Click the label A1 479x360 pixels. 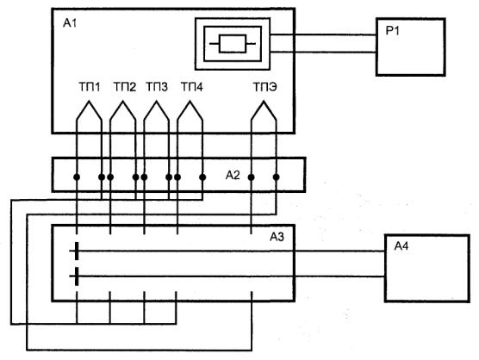click(70, 23)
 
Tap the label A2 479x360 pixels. click(233, 176)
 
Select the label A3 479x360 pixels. click(277, 237)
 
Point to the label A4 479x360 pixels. click(401, 245)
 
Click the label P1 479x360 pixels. click(392, 31)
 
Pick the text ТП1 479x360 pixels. click(90, 87)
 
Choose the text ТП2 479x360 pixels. click(125, 87)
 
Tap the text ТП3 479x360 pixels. click(157, 87)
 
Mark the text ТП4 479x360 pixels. click(192, 87)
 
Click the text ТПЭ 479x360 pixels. click(265, 87)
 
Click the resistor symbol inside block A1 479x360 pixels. click(233, 44)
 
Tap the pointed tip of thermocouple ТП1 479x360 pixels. click(89, 101)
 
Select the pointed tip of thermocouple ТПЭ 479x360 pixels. click(264, 101)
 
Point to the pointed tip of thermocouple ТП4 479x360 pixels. click(190, 101)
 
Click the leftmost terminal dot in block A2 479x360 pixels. click(77, 177)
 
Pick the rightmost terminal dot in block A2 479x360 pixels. click(277, 177)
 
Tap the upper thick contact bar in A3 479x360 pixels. click(77, 251)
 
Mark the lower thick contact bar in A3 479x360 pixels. click(77, 276)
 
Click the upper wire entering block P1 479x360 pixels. click(324, 35)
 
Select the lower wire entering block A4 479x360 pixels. click(339, 276)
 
